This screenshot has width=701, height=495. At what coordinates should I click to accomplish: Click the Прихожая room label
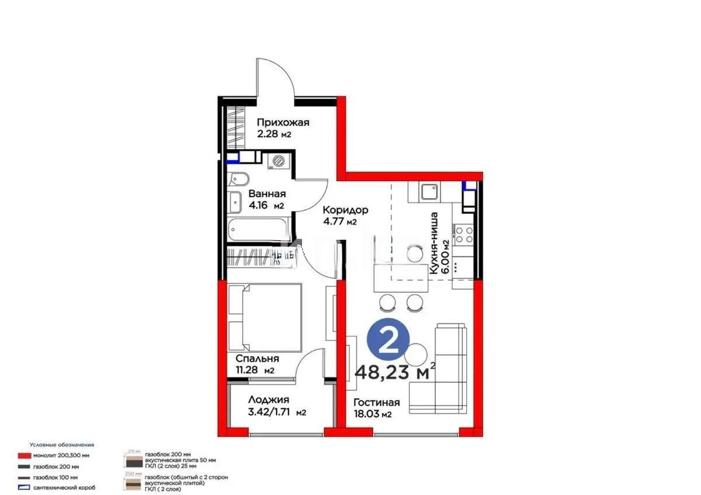(x=283, y=123)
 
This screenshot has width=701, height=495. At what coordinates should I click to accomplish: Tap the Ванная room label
(x=266, y=195)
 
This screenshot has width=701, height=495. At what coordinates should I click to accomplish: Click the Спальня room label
(x=257, y=359)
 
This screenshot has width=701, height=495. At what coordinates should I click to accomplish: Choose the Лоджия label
(x=269, y=400)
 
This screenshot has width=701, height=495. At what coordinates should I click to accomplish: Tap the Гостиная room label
(x=376, y=403)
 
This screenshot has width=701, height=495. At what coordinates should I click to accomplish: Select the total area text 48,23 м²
(x=395, y=371)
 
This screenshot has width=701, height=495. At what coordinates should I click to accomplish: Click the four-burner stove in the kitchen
(x=464, y=234)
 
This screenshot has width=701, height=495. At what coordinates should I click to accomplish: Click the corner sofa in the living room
(x=444, y=368)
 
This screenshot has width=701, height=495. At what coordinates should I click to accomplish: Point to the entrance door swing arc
(x=275, y=76)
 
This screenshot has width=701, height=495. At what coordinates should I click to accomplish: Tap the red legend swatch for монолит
(x=24, y=456)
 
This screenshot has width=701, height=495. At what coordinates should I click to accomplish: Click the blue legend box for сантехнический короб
(x=24, y=487)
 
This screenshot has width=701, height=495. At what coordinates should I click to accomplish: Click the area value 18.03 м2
(x=372, y=414)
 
